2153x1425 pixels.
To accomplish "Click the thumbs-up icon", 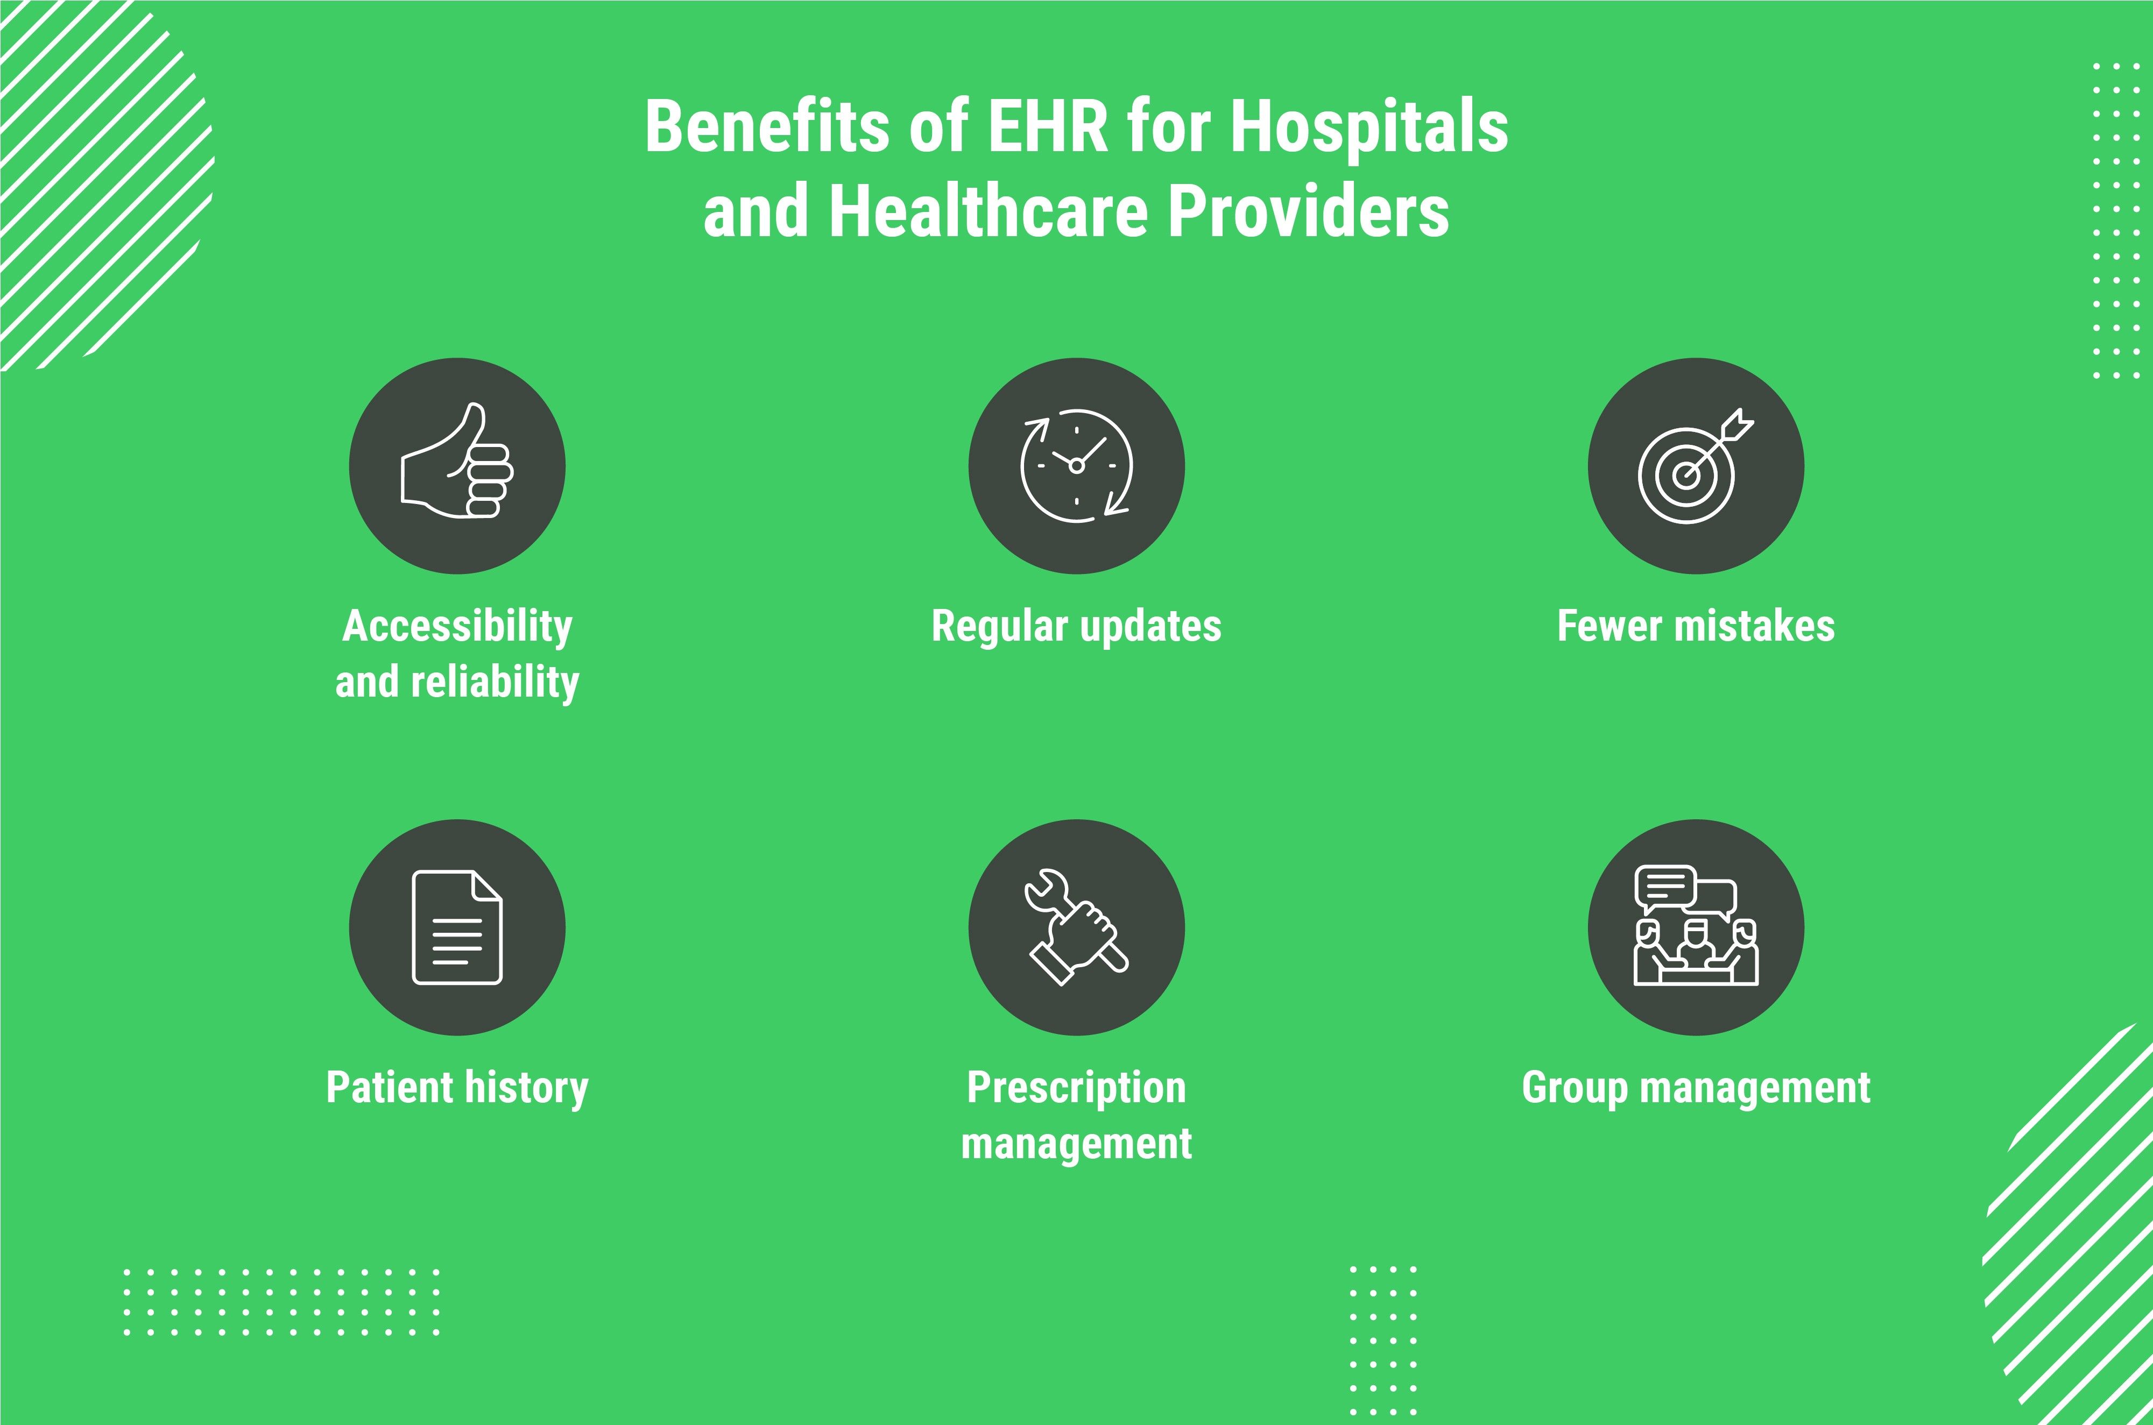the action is pyautogui.click(x=457, y=461).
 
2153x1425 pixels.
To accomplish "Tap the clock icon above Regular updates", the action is pyautogui.click(x=1077, y=465).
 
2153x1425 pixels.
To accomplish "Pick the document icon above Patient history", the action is pyautogui.click(x=457, y=927).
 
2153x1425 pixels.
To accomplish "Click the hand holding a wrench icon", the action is pyautogui.click(x=1077, y=927).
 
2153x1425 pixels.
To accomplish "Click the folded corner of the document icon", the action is pyautogui.click(x=487, y=886).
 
